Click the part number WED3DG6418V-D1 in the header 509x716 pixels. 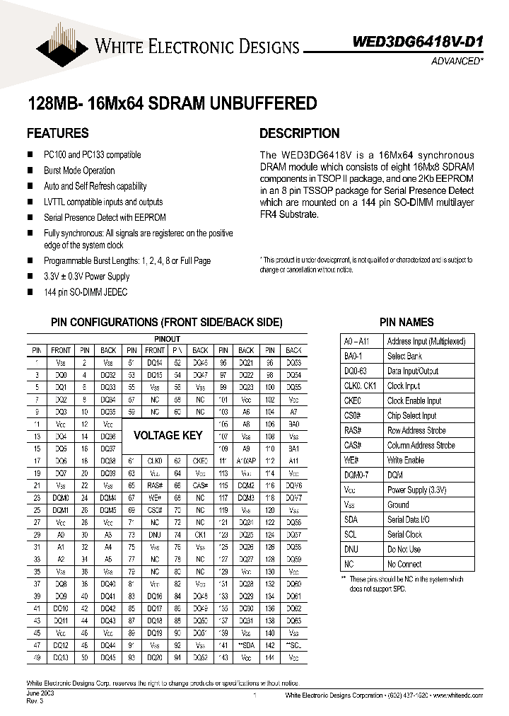[x=418, y=42]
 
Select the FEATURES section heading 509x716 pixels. [x=57, y=133]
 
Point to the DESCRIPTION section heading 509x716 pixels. [x=299, y=133]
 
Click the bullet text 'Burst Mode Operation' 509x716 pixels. [x=79, y=171]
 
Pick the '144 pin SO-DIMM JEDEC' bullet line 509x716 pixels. [x=86, y=291]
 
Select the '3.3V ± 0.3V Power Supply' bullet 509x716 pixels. [x=87, y=276]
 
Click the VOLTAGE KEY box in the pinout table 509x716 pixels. [x=168, y=436]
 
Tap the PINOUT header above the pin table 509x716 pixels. [x=167, y=339]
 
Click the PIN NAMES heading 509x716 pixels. [x=406, y=322]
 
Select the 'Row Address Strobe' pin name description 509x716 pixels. [x=416, y=430]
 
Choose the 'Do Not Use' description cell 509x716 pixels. [x=404, y=549]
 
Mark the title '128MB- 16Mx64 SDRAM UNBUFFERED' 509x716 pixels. [x=171, y=103]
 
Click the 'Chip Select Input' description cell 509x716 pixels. [x=411, y=415]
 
